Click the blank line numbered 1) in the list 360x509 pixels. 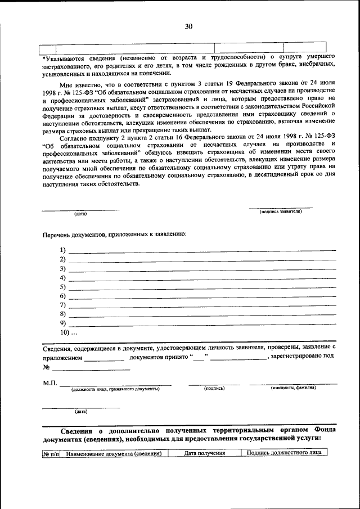[202, 250]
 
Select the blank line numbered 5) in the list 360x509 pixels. [202, 287]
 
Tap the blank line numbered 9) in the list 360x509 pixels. [202, 323]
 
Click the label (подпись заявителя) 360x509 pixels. [281, 211]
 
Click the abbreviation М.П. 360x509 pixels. [50, 383]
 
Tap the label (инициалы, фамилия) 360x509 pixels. [293, 388]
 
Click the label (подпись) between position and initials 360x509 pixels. [214, 388]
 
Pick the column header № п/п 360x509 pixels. [51, 454]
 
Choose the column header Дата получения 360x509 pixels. [205, 453]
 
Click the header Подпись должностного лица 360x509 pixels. [283, 453]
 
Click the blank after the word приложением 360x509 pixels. [104, 358]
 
